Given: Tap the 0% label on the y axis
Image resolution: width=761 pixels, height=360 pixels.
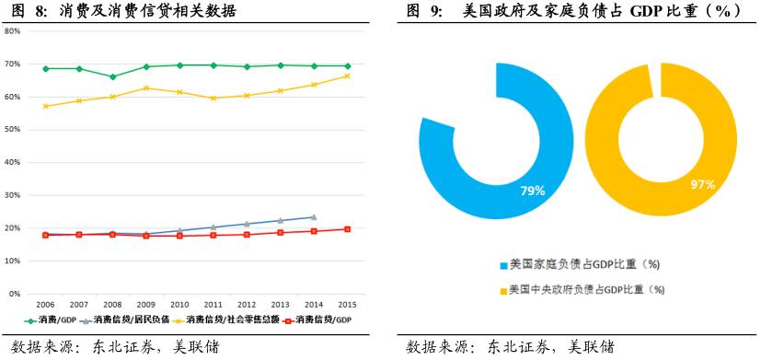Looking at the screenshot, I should [16, 294].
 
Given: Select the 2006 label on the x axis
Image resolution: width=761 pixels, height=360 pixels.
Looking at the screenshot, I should [44, 304].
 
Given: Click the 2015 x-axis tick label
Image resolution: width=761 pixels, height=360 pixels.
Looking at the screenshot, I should [347, 304].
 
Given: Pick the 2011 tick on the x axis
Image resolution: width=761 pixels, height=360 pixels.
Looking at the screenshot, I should [213, 304].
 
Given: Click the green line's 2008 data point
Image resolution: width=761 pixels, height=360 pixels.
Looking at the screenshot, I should [112, 77].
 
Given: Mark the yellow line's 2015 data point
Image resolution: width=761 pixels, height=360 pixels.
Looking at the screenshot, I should [347, 75].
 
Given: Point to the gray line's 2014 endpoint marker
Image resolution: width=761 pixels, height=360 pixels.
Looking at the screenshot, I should [314, 217].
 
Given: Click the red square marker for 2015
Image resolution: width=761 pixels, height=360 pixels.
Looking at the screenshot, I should [347, 229].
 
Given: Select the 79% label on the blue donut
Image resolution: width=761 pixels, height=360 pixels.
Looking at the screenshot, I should [533, 191].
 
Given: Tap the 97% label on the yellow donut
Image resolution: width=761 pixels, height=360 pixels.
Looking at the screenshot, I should [703, 185].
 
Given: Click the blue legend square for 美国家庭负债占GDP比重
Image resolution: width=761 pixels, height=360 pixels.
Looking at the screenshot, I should [502, 264].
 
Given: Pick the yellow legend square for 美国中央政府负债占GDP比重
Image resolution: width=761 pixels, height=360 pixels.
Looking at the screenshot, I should [502, 289].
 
